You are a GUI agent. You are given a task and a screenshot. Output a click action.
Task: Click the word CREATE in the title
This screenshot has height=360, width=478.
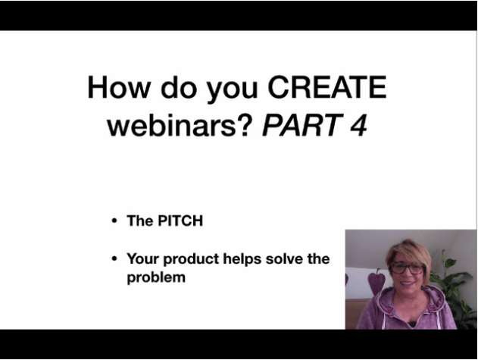[327, 87]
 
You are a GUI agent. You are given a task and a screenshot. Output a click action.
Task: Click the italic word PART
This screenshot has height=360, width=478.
[302, 125]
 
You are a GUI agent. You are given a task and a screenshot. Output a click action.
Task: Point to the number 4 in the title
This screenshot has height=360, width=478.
[358, 125]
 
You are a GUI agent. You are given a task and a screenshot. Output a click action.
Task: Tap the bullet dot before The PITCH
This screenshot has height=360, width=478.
[114, 221]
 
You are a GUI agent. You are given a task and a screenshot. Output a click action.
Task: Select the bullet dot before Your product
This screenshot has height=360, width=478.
[114, 258]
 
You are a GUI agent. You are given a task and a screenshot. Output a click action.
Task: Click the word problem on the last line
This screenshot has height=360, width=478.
[156, 277]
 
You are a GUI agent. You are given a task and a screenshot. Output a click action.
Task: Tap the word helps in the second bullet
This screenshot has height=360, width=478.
[242, 259]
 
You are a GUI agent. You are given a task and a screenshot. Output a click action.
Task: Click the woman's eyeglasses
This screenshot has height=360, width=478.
[407, 268]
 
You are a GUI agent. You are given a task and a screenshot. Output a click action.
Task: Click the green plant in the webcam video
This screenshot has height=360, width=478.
[455, 290]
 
